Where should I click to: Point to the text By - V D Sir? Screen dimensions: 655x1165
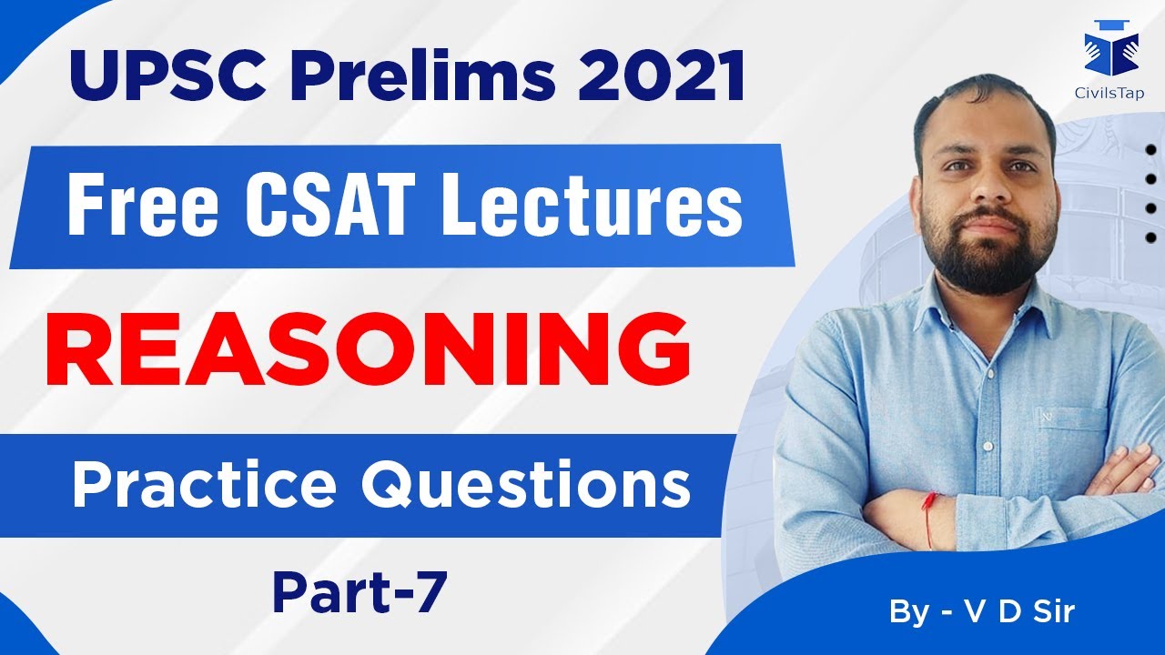982,611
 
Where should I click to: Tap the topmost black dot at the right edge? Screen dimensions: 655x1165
1150,150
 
